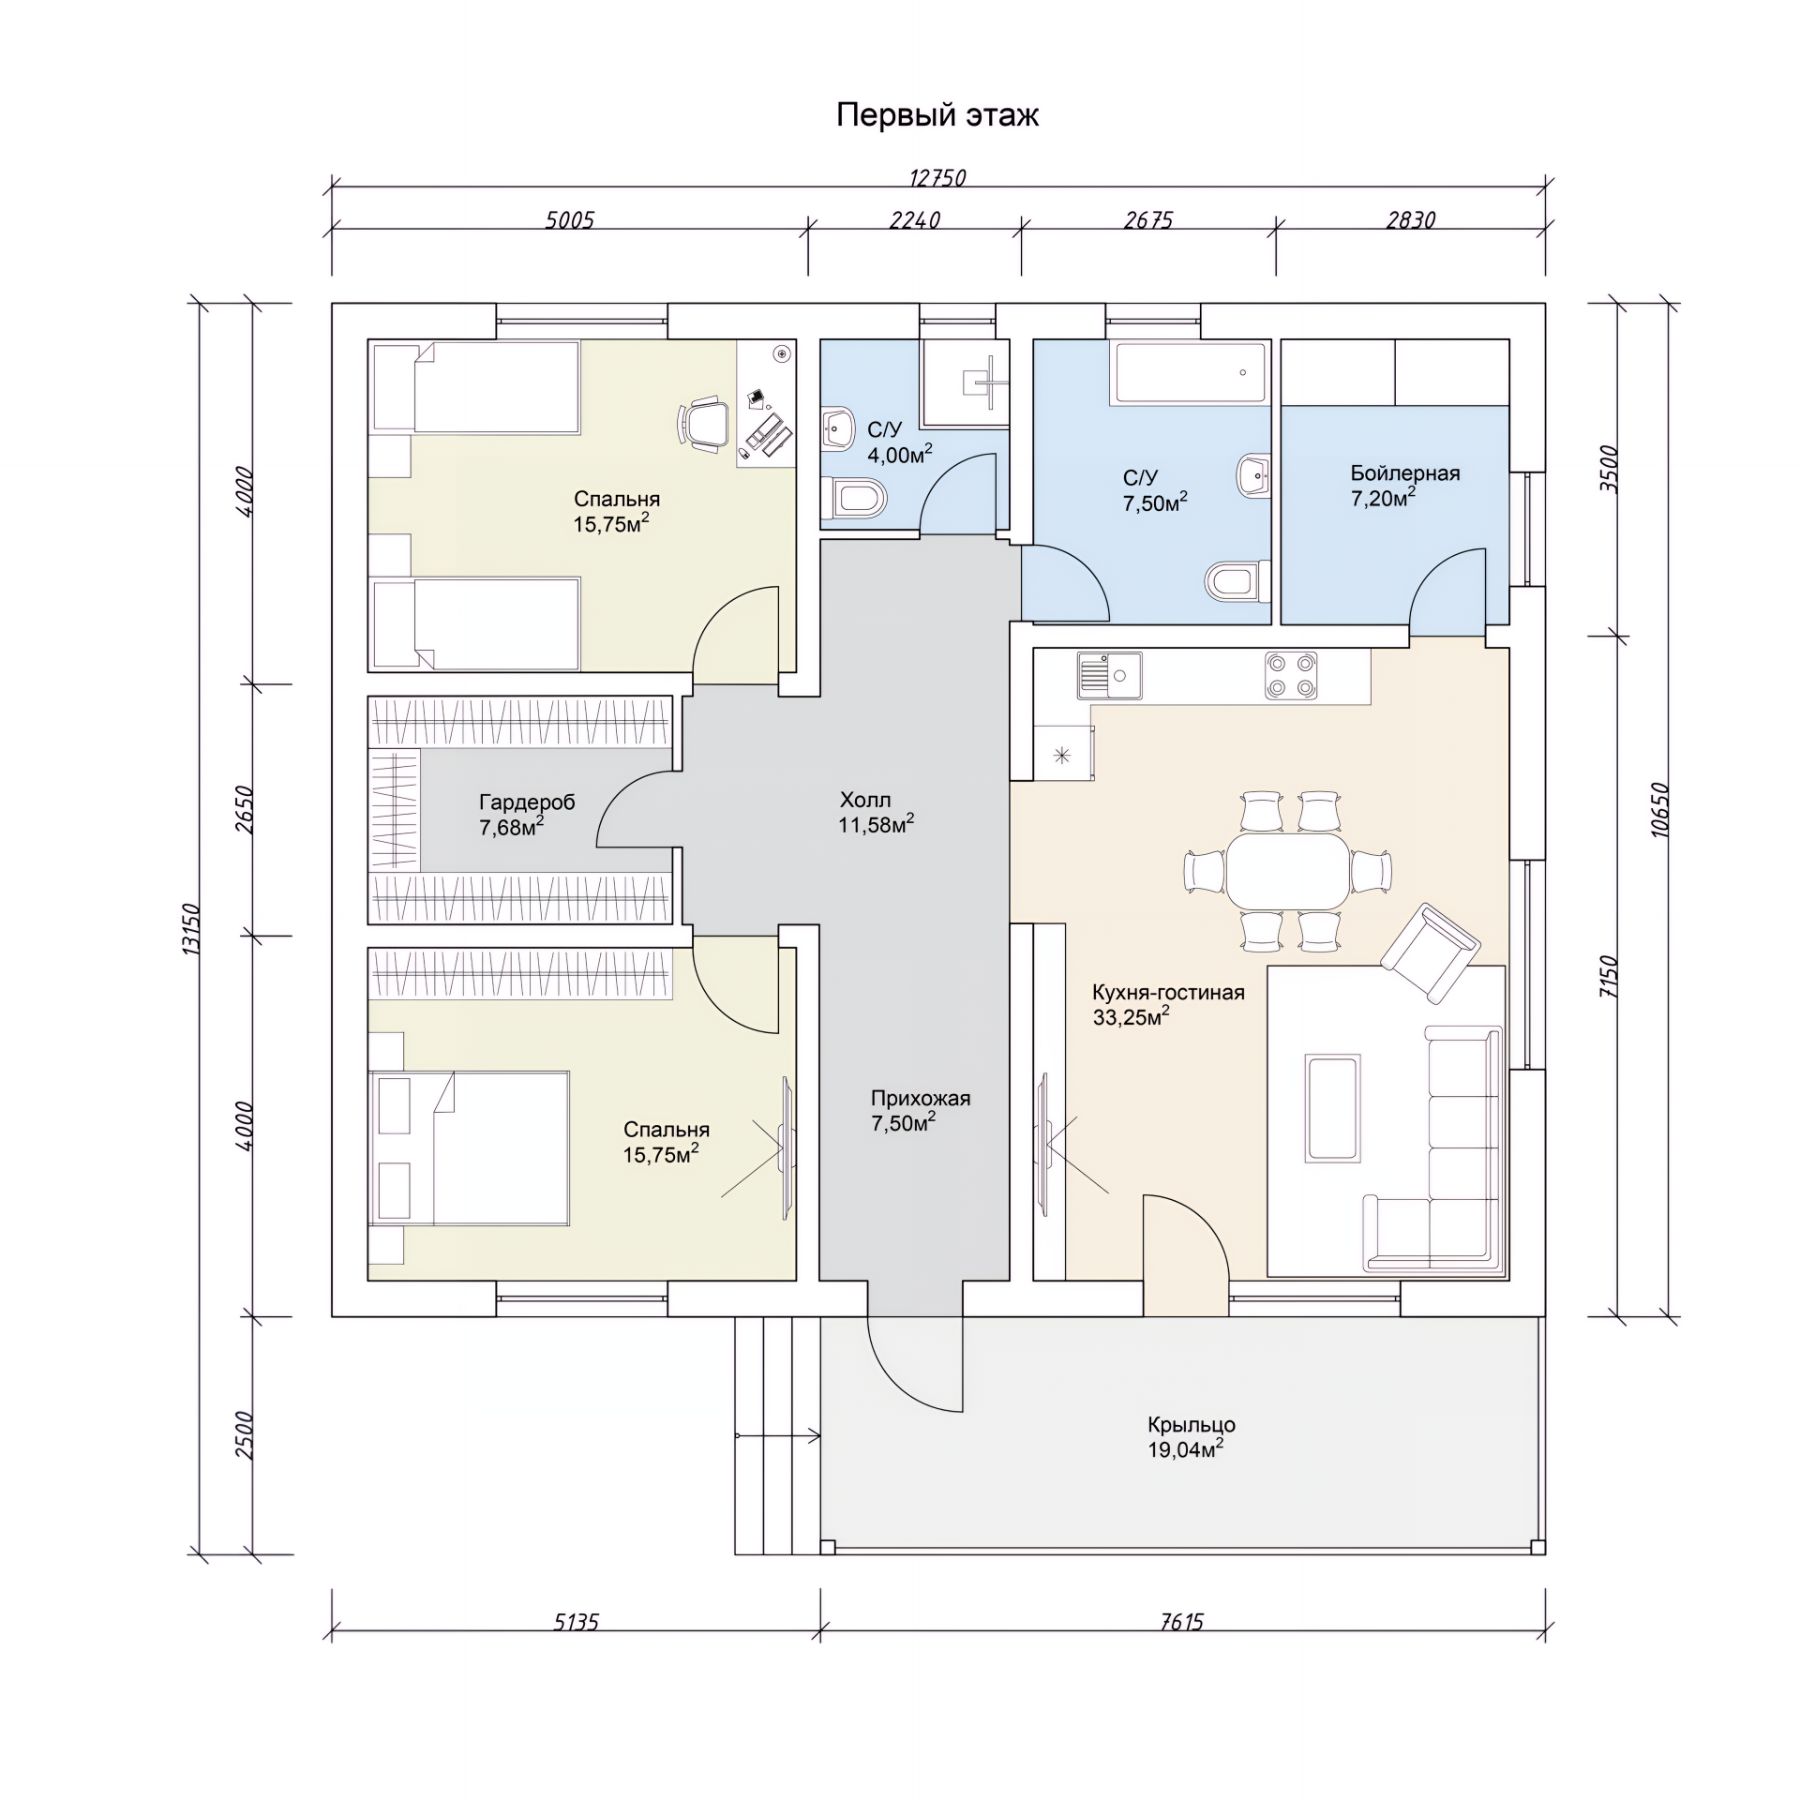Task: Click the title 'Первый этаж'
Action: (x=937, y=115)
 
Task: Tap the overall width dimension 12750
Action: (x=937, y=178)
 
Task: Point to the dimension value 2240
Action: (x=914, y=220)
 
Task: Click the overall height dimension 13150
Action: (x=191, y=929)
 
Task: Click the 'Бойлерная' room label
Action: (x=1404, y=473)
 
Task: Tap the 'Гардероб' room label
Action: (x=527, y=802)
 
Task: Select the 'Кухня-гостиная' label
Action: (x=1168, y=993)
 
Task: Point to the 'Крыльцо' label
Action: (x=1192, y=1425)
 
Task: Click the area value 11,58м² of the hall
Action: (x=876, y=824)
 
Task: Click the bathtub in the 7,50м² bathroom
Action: (x=1188, y=372)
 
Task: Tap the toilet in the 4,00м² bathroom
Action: (x=854, y=498)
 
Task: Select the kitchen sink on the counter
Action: (x=1110, y=675)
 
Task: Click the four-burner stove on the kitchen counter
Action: (x=1290, y=675)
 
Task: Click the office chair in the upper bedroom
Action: (x=703, y=425)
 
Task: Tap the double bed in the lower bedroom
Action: (x=469, y=1147)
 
